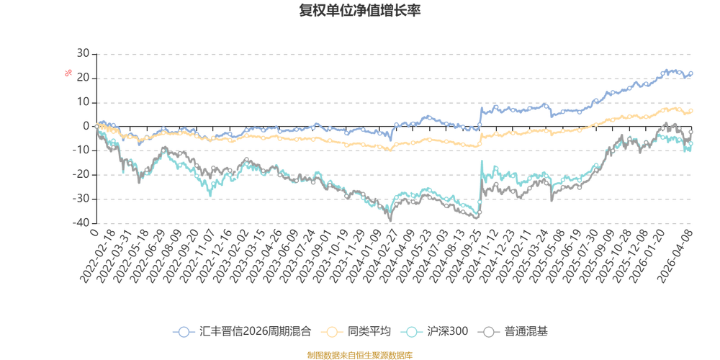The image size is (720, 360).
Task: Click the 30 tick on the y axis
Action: [x=84, y=53]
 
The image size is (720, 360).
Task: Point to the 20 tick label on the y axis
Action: [x=84, y=77]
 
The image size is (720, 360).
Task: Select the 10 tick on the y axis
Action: [x=84, y=102]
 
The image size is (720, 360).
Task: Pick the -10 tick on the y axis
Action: [x=83, y=150]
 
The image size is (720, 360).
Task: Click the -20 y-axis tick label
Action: [x=83, y=174]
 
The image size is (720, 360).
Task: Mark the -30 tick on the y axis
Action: [x=83, y=199]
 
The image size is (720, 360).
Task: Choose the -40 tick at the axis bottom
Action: [x=83, y=222]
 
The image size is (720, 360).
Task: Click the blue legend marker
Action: [x=184, y=332]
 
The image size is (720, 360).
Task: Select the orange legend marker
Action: [x=333, y=332]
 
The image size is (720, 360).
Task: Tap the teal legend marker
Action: [x=413, y=332]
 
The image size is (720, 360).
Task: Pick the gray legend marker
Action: [x=490, y=332]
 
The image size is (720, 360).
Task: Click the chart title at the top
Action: [x=359, y=10]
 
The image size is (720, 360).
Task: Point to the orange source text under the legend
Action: [x=359, y=353]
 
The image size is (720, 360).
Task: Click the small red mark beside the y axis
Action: [x=69, y=72]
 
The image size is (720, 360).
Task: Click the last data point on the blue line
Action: [x=692, y=73]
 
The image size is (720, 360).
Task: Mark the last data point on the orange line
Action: [x=692, y=111]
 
